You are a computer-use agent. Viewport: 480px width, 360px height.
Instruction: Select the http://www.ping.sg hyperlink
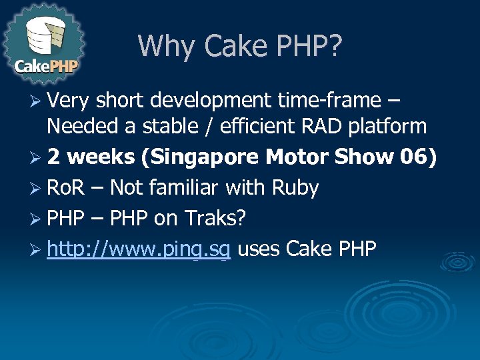pyautogui.click(x=139, y=249)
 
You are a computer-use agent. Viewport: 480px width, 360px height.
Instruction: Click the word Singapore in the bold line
pyautogui.click(x=207, y=157)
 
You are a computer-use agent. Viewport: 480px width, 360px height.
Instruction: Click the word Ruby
pyautogui.click(x=295, y=188)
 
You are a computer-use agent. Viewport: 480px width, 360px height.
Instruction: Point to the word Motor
pyautogui.click(x=296, y=157)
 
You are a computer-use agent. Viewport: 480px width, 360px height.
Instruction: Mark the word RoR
pyautogui.click(x=65, y=188)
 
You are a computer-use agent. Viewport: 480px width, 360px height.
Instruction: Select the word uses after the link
pyautogui.click(x=259, y=249)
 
